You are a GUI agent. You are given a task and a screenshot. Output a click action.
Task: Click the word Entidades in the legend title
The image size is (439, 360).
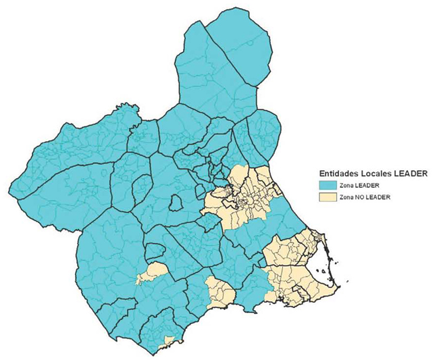click(x=338, y=174)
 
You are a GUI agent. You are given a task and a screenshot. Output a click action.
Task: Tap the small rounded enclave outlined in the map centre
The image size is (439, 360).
click(x=176, y=202)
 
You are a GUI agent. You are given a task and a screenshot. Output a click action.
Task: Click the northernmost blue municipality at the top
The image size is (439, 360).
click(x=240, y=41)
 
